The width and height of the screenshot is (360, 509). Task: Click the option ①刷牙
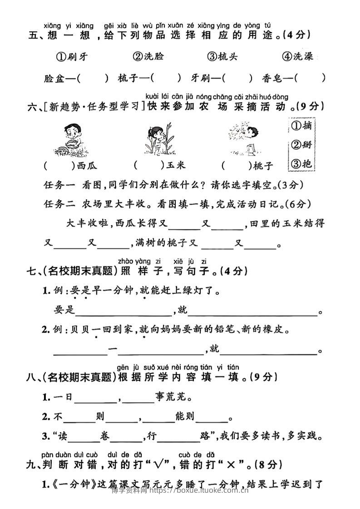click(x=72, y=57)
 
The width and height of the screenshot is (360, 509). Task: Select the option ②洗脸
click(x=148, y=57)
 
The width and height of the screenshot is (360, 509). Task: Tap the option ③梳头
click(x=222, y=57)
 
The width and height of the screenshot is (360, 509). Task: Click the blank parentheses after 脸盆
click(x=93, y=78)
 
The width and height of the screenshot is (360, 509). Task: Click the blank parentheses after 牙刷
click(x=237, y=78)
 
